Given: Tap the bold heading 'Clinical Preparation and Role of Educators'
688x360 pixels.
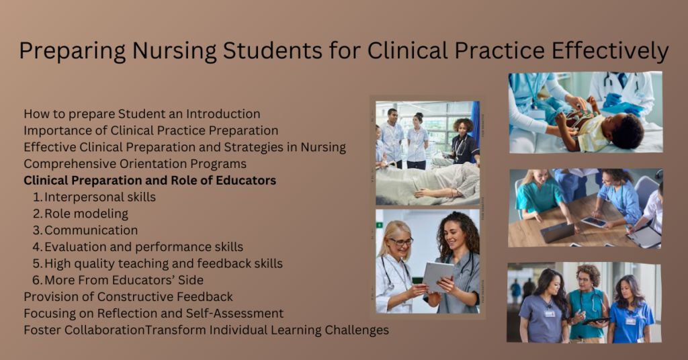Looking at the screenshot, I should tap(150, 181).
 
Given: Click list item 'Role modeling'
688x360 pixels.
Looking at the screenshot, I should tap(86, 214).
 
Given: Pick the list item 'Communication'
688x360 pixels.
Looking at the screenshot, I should tap(91, 230).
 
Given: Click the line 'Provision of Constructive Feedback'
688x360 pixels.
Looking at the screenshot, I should tap(128, 297).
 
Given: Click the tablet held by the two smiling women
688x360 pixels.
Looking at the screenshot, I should tap(437, 275).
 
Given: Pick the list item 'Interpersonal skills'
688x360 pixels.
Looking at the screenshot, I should tap(99, 197).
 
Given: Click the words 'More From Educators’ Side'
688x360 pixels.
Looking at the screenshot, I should tap(124, 280).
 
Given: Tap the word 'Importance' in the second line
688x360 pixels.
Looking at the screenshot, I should tap(55, 131).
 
